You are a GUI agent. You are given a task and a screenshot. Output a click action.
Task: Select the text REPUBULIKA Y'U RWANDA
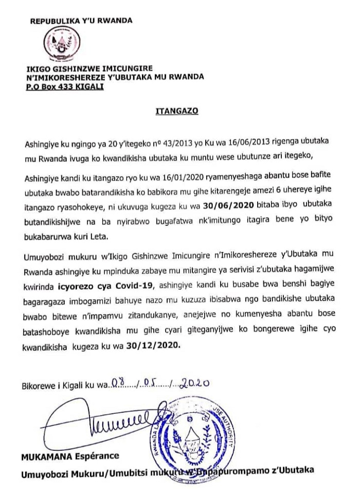click(81, 21)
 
